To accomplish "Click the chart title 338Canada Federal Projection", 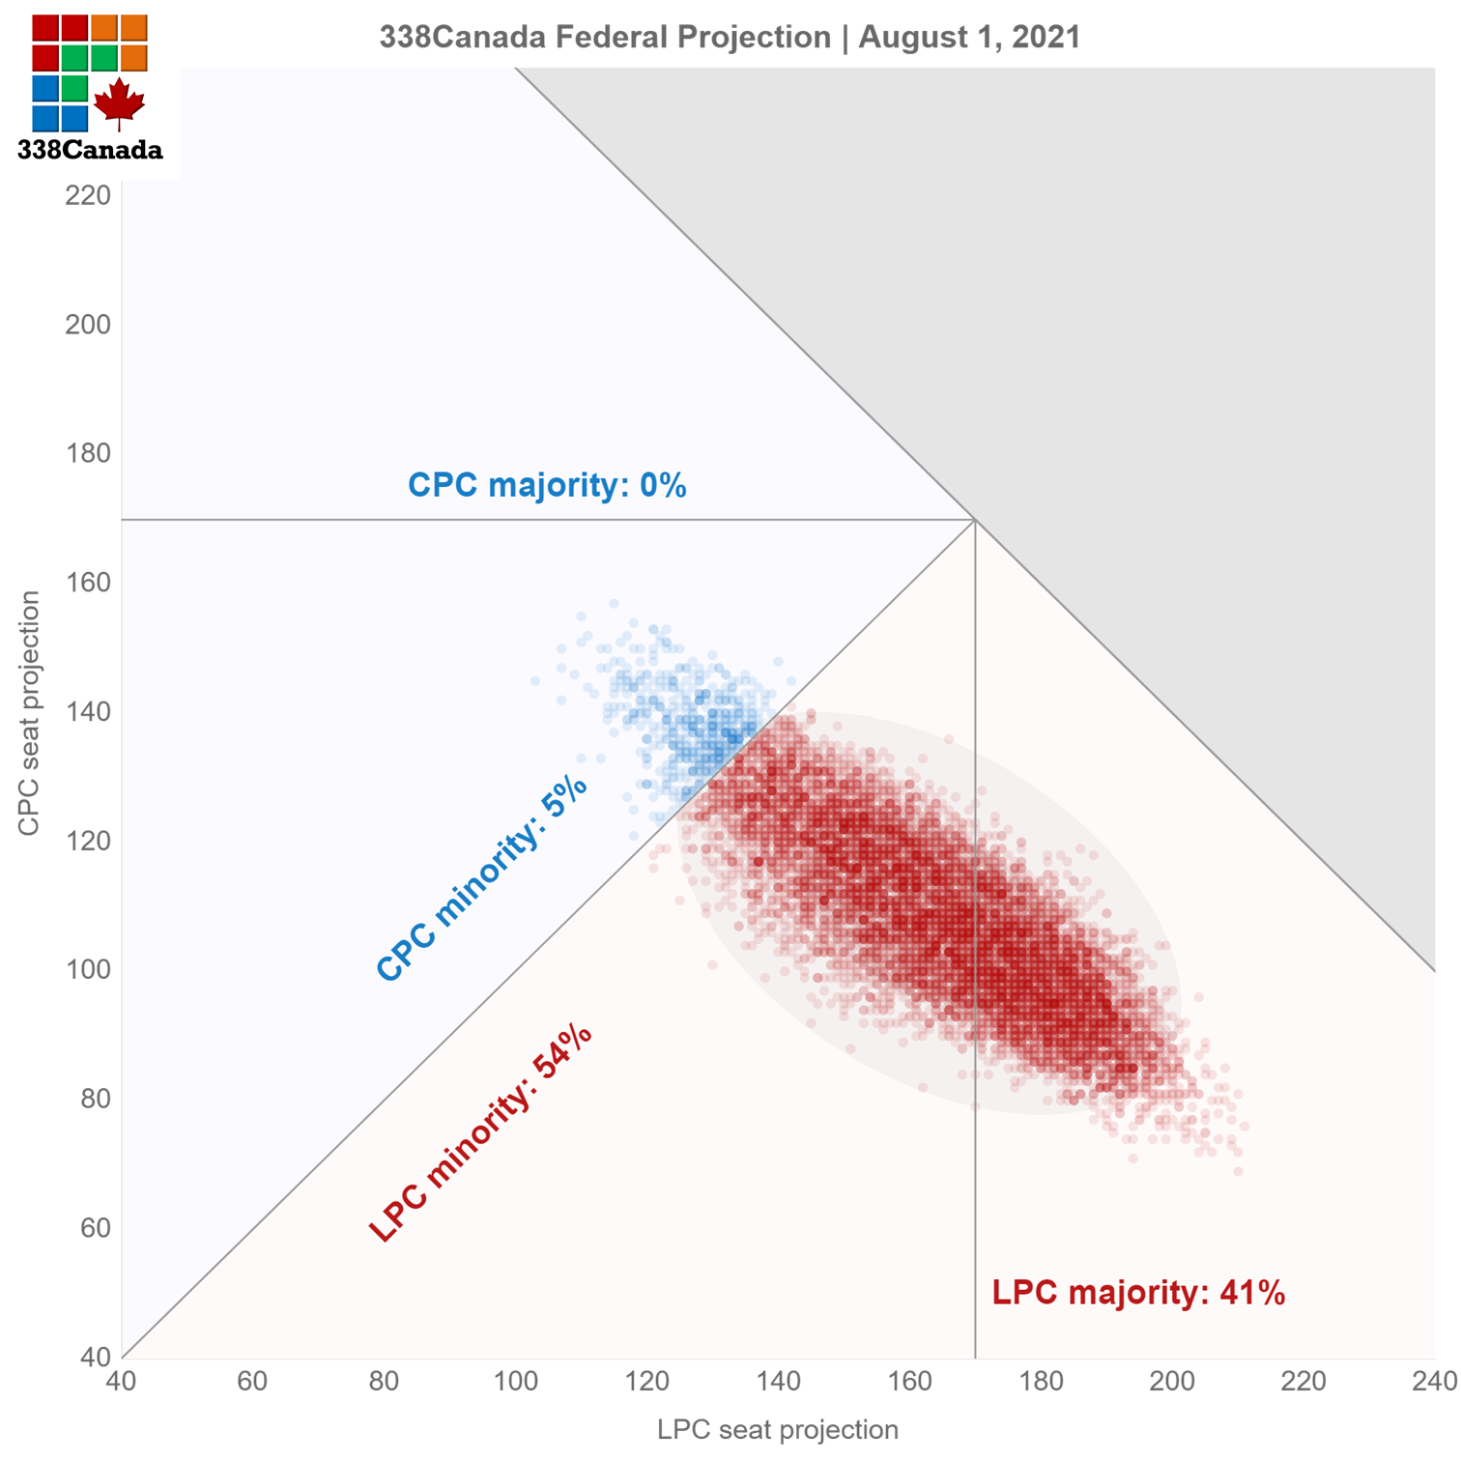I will (x=605, y=37).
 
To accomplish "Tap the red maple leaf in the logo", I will (x=119, y=103).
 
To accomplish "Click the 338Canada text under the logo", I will (x=90, y=150).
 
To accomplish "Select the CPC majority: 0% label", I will (x=547, y=484).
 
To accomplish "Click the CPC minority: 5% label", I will (x=481, y=879).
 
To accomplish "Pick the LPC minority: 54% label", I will (x=480, y=1132).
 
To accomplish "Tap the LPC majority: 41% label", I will (x=1138, y=1292).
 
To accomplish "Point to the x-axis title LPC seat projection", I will (x=778, y=1429).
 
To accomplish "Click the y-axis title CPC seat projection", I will (x=29, y=713).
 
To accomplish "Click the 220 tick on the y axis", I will (x=88, y=195).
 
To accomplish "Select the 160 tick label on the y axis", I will (x=88, y=582).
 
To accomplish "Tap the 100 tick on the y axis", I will (x=88, y=969).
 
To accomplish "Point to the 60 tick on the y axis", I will (x=95, y=1227).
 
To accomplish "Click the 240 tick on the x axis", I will (x=1434, y=1382).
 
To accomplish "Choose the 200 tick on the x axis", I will (x=1172, y=1382).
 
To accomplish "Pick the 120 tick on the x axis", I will (x=646, y=1382).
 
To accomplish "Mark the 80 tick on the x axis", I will (x=384, y=1382).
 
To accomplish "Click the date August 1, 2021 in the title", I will (x=969, y=37).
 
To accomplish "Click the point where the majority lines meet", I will (x=974, y=520).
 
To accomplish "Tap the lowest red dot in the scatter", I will (x=1238, y=1171).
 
